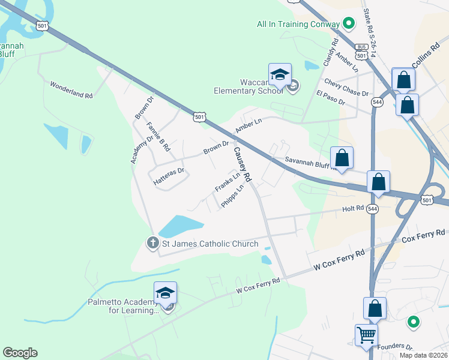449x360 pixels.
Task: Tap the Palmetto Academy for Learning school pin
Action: pos(165,293)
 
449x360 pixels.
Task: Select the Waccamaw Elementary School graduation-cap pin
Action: pos(280,75)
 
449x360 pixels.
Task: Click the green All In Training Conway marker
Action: pos(348,25)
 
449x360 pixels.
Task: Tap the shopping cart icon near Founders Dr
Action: pos(366,335)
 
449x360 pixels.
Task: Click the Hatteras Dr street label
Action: pos(167,170)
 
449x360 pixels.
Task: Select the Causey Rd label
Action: pos(242,165)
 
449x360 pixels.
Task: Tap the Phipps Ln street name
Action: pos(232,196)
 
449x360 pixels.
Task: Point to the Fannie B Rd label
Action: pos(158,136)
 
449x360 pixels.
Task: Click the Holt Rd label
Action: pos(353,208)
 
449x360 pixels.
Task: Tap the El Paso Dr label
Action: pos(330,98)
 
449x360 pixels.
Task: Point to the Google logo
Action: pos(20,353)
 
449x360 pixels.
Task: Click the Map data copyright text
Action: pos(423,355)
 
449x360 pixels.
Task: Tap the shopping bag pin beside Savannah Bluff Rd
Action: pos(342,158)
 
